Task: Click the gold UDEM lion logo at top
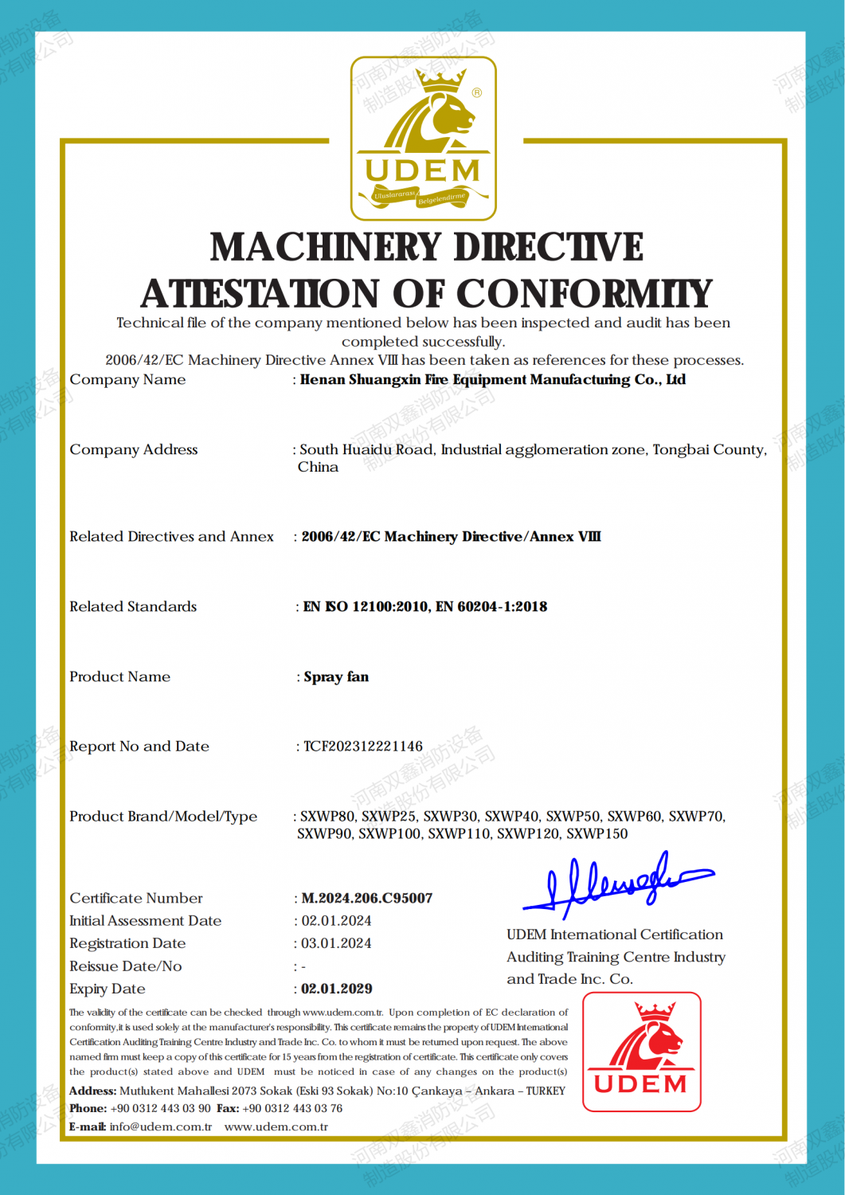click(x=423, y=137)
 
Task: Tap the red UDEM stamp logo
click(x=642, y=1051)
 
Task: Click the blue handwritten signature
click(x=613, y=884)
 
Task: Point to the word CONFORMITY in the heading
click(x=584, y=294)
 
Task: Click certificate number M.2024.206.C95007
click(x=367, y=898)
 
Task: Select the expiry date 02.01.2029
click(x=337, y=989)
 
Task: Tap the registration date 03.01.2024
click(x=336, y=943)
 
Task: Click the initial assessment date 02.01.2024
click(x=336, y=921)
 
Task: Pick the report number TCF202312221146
click(x=363, y=746)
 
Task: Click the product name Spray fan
click(x=336, y=677)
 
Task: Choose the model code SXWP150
click(x=597, y=834)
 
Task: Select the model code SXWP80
click(x=327, y=817)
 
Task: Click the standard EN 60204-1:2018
click(x=491, y=607)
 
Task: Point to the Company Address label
click(x=134, y=450)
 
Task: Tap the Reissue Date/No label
click(x=126, y=966)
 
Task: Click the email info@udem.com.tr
click(x=161, y=1126)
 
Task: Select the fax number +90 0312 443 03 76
click(x=292, y=1108)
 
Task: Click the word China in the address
click(x=318, y=468)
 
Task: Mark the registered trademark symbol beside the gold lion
click(x=477, y=92)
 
